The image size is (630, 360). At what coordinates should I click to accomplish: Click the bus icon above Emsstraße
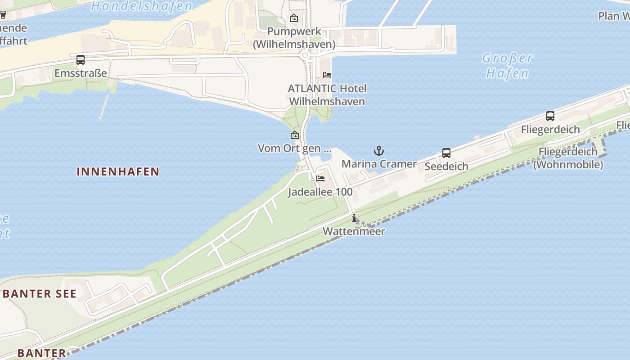(81, 59)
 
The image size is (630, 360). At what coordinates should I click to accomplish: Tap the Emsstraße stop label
(81, 73)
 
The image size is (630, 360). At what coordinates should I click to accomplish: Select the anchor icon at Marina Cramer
(379, 151)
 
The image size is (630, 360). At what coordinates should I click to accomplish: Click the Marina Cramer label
(379, 164)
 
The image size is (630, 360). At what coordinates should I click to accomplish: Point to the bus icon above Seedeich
(446, 153)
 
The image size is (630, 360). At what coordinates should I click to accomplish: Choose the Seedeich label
(446, 166)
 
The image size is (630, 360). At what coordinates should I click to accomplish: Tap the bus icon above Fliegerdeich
(550, 116)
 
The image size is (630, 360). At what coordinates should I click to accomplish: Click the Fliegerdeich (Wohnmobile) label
(568, 158)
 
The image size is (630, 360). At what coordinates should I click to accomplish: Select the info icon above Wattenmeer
(354, 218)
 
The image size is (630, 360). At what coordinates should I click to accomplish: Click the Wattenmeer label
(354, 232)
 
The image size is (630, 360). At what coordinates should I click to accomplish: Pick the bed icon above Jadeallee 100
(320, 179)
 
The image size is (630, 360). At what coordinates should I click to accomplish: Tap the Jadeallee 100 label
(320, 192)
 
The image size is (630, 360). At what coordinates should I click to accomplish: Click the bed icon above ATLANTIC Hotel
(327, 75)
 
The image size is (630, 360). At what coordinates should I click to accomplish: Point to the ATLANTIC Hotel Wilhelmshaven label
(327, 95)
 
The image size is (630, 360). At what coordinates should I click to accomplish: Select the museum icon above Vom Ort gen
(295, 135)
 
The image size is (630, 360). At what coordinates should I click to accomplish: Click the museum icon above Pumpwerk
(294, 18)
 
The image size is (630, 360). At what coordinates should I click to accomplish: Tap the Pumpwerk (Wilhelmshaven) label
(294, 38)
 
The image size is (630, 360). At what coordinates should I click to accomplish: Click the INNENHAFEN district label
(118, 171)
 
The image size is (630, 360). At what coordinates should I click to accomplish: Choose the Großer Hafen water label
(508, 66)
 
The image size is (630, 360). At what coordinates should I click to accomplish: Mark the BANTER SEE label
(40, 294)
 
